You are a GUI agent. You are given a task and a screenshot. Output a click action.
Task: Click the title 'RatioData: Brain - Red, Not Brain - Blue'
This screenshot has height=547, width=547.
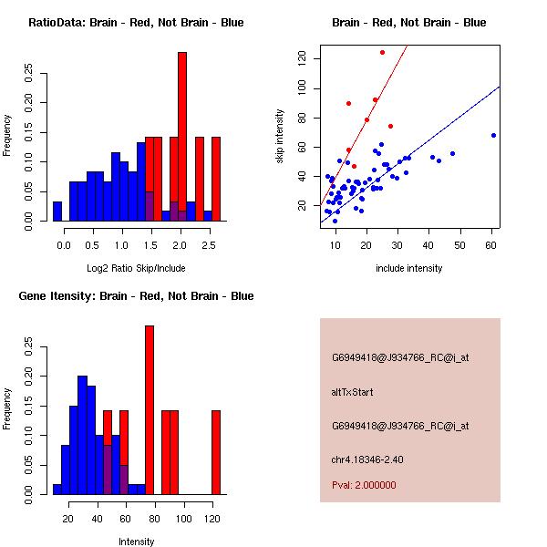(135, 23)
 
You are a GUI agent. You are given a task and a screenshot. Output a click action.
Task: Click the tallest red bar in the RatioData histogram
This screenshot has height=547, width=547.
(182, 137)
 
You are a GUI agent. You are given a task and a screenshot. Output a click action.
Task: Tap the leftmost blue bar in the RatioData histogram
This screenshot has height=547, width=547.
(57, 212)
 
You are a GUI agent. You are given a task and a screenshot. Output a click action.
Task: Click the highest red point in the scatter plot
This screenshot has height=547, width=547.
(382, 52)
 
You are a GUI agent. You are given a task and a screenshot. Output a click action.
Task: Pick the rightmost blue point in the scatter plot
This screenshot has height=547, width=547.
(493, 135)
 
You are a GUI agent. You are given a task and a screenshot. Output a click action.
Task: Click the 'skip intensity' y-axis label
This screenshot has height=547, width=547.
(280, 136)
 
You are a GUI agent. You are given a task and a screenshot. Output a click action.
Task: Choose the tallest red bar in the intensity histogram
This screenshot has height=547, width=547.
(150, 410)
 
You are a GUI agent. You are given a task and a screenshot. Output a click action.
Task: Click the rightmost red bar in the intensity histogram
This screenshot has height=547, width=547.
(216, 452)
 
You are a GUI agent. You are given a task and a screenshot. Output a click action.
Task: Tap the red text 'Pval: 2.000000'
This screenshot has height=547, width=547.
(364, 485)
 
